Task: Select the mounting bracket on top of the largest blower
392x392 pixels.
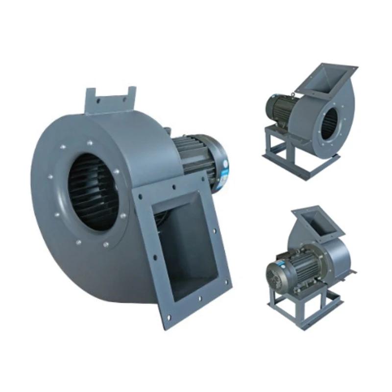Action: coord(111,100)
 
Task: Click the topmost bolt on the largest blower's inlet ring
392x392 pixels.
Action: coord(90,144)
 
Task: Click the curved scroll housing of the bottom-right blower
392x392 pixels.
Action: coord(338,255)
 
